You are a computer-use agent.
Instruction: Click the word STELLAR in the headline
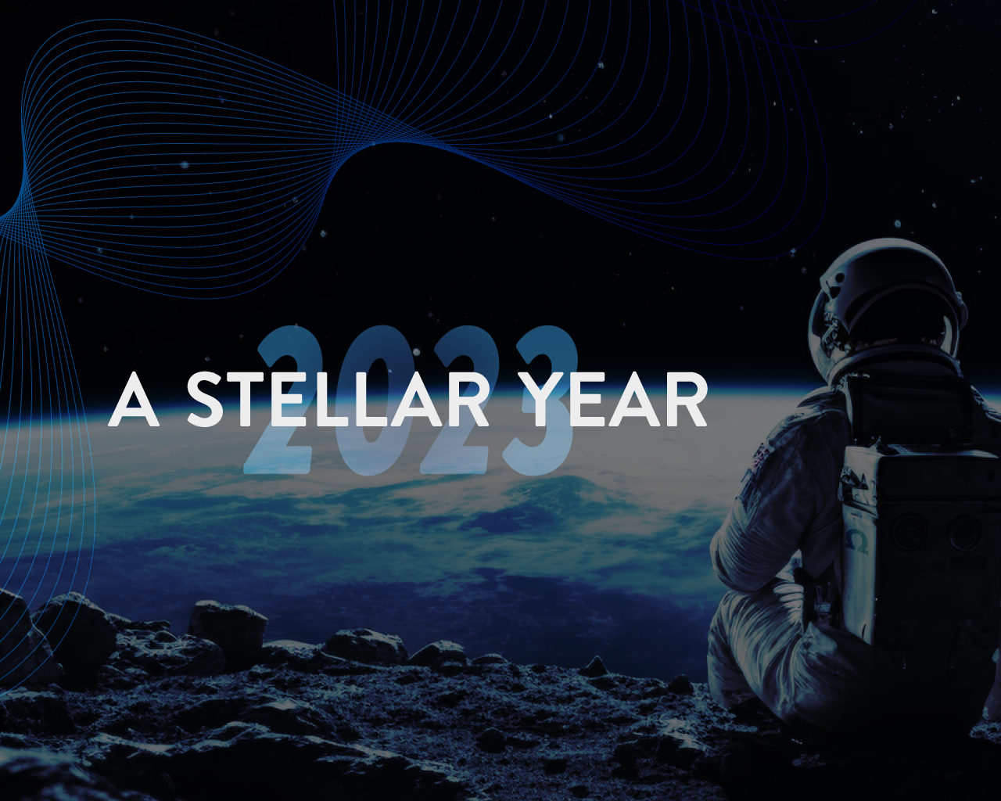coord(338,399)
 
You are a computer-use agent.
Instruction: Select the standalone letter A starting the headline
coord(134,399)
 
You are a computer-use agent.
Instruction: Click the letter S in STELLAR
coord(209,399)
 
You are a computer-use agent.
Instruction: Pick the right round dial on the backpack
coord(963,535)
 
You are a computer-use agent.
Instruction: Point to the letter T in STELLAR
coord(255,399)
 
